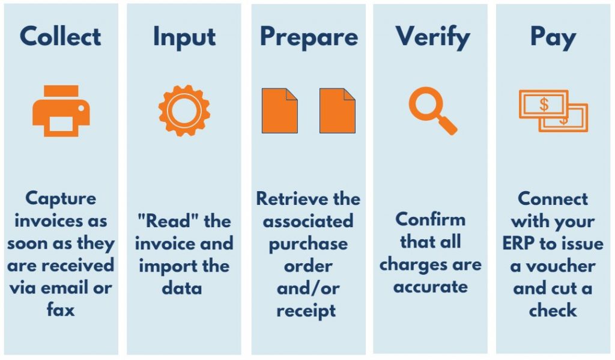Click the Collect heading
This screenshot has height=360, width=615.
coord(61,36)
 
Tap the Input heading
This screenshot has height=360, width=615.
coord(184,38)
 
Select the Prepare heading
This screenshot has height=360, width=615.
coord(309,38)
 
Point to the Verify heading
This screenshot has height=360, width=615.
coord(432,38)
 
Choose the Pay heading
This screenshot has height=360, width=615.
coord(553,38)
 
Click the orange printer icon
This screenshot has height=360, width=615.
coord(61,111)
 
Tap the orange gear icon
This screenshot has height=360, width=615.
coord(184,111)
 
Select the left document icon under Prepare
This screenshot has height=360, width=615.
coord(280,111)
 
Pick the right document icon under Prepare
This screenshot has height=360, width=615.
coord(338,111)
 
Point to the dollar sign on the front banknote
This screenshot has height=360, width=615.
coord(544,105)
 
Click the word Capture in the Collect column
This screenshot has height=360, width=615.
coord(61,199)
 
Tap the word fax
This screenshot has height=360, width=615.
coord(61,310)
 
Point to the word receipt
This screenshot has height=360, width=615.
coord(306,311)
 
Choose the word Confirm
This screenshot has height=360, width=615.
coord(431,219)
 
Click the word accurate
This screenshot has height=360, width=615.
coord(431,287)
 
